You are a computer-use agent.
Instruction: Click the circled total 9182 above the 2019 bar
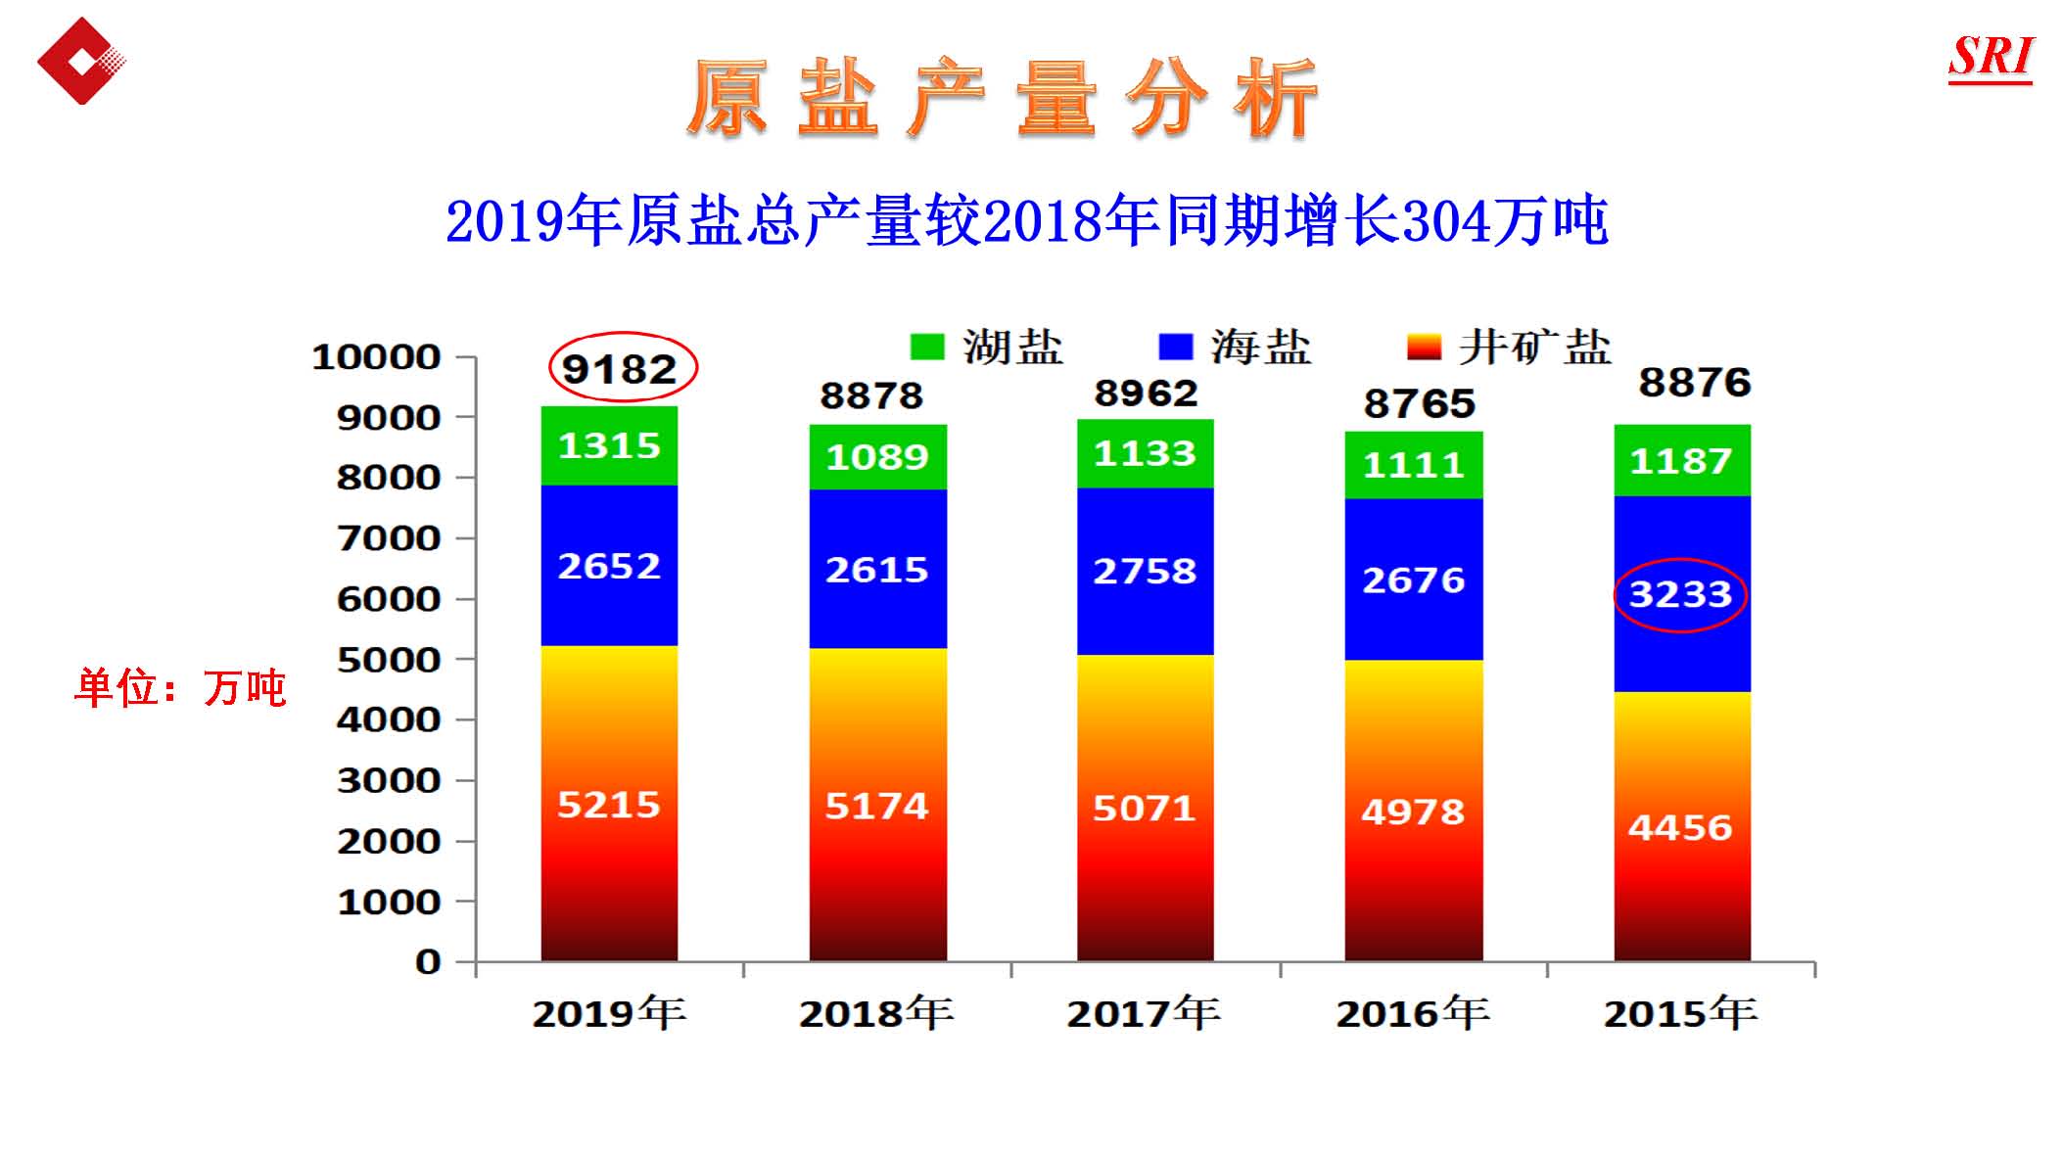tap(621, 369)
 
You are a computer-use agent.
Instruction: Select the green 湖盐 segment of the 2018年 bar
tap(877, 457)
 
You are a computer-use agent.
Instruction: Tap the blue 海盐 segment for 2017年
tap(1145, 571)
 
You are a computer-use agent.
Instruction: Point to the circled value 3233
tap(1680, 594)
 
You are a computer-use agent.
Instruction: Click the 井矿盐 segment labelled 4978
tap(1413, 812)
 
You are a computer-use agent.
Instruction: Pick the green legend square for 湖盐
tap(926, 348)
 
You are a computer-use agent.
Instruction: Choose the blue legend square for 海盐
tap(1175, 348)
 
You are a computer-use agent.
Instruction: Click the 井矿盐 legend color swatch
tap(1424, 348)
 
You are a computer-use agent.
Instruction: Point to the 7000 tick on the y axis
tap(390, 538)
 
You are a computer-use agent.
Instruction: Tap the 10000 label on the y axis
tap(377, 357)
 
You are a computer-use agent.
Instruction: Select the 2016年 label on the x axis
tap(1413, 1013)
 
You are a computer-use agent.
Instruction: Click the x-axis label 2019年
tap(609, 1013)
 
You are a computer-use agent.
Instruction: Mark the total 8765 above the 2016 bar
tap(1419, 403)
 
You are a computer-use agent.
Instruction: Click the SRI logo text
tap(1991, 57)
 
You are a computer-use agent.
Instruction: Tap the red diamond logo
tap(81, 61)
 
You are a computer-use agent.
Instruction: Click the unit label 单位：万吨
tap(180, 688)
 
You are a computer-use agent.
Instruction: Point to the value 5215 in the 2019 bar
tap(609, 805)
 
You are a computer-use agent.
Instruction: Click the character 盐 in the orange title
tap(838, 98)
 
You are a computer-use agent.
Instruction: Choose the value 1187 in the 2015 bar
tap(1680, 460)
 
